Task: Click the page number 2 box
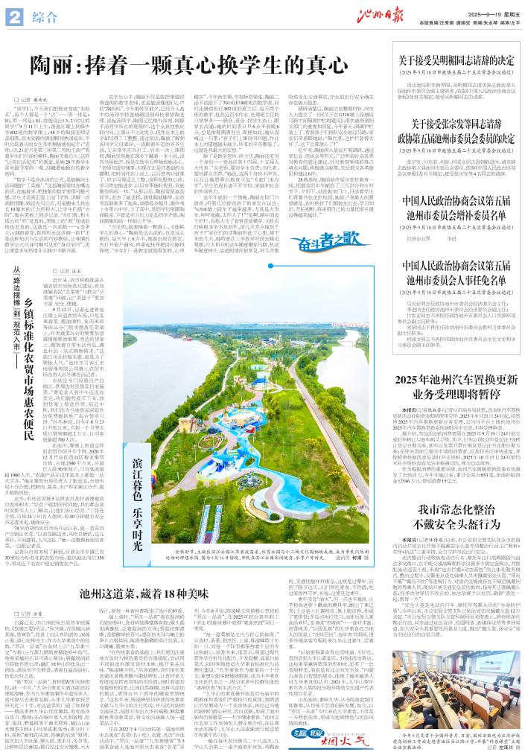pyautogui.click(x=16, y=16)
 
